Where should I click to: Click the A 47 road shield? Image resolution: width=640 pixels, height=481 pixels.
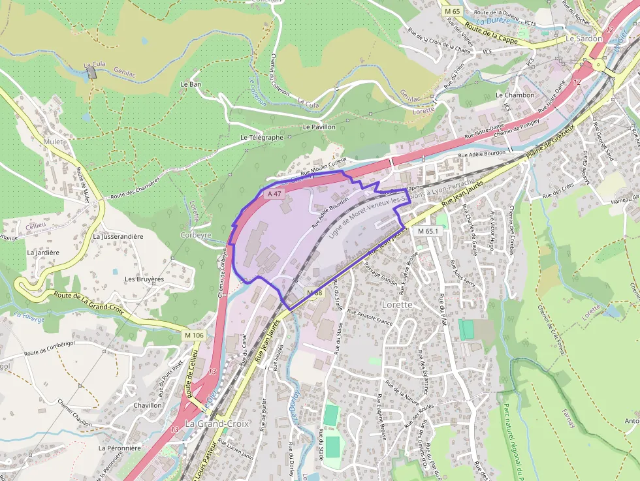(x=275, y=194)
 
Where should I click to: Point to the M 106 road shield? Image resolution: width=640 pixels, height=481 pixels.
(x=194, y=335)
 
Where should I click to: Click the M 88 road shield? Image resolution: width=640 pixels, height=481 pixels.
(x=314, y=293)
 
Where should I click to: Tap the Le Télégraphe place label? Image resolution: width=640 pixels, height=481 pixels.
(x=262, y=138)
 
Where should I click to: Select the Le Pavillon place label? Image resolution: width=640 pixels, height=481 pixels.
(x=319, y=127)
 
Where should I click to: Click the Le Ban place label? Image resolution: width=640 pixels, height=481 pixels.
(x=190, y=85)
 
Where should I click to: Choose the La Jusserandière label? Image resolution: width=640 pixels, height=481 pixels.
(x=118, y=236)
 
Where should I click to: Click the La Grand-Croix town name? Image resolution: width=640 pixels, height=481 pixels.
(x=217, y=424)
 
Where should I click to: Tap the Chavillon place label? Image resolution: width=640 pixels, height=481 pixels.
(x=147, y=405)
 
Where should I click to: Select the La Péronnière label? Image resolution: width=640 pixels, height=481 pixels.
(x=120, y=448)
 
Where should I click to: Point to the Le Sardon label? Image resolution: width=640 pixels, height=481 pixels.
(x=584, y=39)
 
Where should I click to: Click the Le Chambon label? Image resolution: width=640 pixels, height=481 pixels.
(x=519, y=95)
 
